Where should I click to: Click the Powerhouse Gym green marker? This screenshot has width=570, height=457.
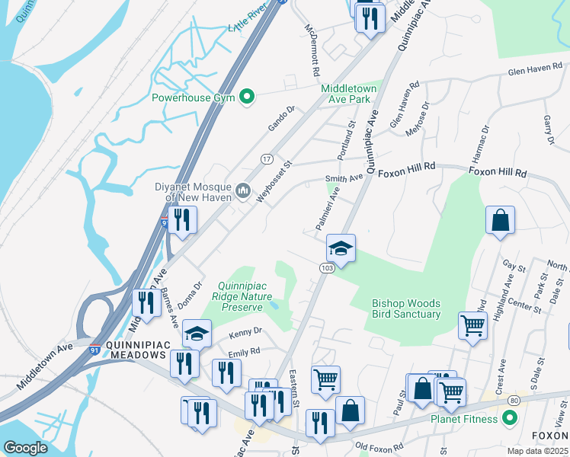246,97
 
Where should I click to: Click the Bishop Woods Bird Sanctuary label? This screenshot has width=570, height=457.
405,308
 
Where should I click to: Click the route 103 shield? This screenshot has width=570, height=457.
327,268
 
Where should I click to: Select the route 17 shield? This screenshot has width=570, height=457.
266,158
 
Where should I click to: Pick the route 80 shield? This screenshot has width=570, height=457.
514,400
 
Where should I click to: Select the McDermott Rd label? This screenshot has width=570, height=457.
312,48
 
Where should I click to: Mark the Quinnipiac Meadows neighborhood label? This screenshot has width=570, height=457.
136,350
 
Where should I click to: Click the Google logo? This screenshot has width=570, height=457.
25,448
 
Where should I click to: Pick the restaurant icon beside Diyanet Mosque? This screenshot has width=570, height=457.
182,220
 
